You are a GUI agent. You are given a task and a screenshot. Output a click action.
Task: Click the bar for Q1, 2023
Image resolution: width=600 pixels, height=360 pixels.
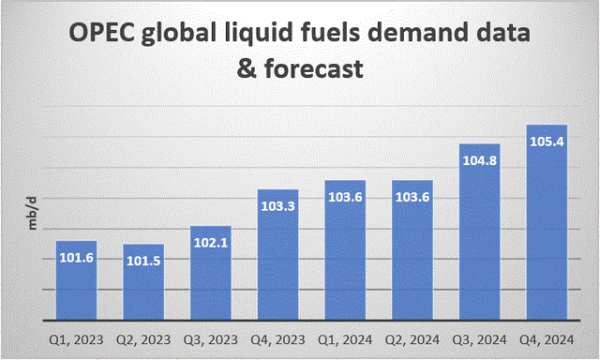pyautogui.click(x=77, y=281)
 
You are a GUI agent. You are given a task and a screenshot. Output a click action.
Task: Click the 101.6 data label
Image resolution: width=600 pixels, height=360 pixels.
pyautogui.click(x=77, y=256)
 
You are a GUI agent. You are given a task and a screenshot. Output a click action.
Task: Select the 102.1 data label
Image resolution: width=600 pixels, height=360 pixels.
pyautogui.click(x=211, y=243)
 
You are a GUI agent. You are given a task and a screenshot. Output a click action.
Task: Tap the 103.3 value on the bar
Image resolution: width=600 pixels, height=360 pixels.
pyautogui.click(x=278, y=205)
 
